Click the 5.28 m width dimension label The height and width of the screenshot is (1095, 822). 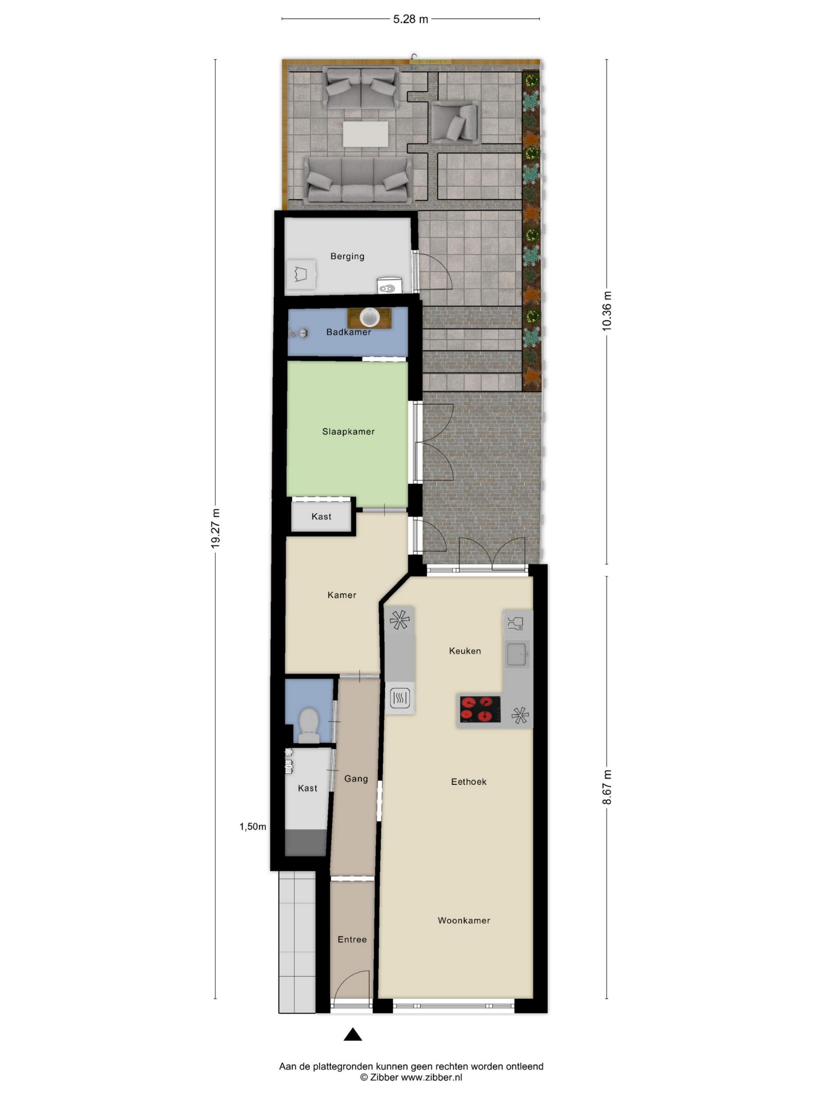(x=410, y=19)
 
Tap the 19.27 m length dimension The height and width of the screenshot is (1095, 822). (x=215, y=528)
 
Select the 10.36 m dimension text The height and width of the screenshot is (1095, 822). (x=607, y=311)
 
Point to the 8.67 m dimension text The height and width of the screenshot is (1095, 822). (x=607, y=787)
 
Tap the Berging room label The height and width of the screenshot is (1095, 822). (x=347, y=256)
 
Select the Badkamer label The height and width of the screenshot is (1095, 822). (x=348, y=331)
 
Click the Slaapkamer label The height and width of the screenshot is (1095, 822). (x=348, y=431)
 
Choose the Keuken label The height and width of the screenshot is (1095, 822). (x=465, y=651)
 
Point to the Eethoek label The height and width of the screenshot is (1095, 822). (x=469, y=781)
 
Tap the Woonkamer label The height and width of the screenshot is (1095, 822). (x=464, y=920)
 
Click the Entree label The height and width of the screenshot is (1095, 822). (x=352, y=938)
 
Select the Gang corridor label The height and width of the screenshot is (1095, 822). (x=356, y=778)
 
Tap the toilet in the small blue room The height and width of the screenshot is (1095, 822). (x=309, y=725)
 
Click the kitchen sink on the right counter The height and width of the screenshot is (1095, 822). (x=517, y=654)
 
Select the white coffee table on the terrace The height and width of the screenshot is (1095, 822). (x=366, y=133)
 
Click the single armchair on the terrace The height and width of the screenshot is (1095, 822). (x=455, y=122)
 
